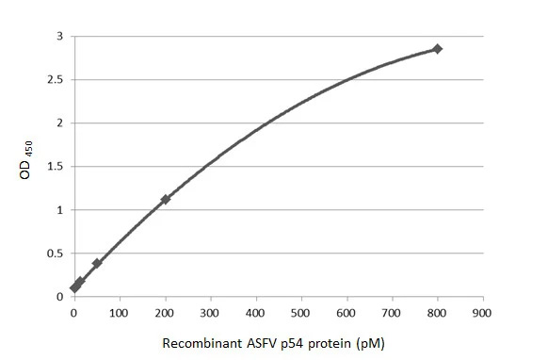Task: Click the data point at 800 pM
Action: tap(437, 48)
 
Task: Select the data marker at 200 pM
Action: tap(166, 199)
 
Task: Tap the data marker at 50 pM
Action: tap(97, 263)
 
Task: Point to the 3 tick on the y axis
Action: tap(59, 36)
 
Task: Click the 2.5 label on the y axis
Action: tap(55, 79)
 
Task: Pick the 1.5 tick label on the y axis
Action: tap(55, 166)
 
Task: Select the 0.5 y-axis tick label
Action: tap(55, 253)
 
